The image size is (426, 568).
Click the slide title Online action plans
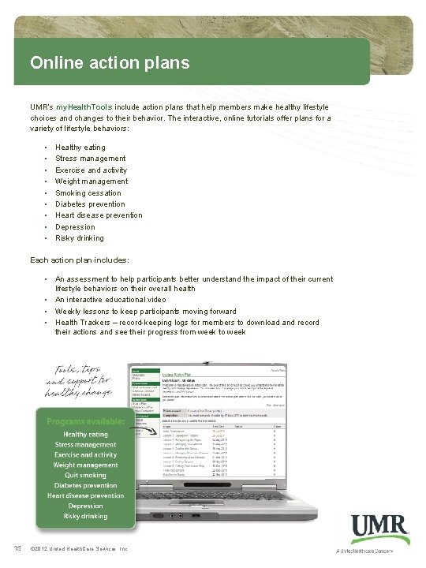(x=110, y=62)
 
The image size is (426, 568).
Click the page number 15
(x=16, y=549)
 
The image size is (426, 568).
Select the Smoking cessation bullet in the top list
(x=88, y=192)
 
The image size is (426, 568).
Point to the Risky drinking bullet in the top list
(x=79, y=238)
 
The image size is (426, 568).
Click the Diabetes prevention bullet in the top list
(x=90, y=204)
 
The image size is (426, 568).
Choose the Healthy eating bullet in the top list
(x=80, y=148)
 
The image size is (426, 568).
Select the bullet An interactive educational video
(x=110, y=300)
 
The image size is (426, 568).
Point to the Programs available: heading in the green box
(x=85, y=421)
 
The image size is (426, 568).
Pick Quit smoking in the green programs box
(x=85, y=476)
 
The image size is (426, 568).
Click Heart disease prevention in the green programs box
(x=85, y=496)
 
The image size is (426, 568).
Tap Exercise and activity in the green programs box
(x=85, y=455)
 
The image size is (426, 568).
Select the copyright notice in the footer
(x=77, y=549)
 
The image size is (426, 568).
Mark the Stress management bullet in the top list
(x=90, y=159)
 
